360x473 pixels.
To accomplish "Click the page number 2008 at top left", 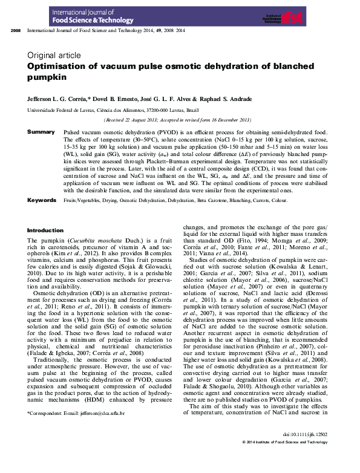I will tap(16, 30).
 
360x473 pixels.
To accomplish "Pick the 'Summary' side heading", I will tap(41, 131).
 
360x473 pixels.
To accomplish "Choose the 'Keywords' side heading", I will tap(42, 200).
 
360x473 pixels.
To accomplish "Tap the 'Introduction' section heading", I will tap(45, 230).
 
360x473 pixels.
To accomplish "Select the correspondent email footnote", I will tap(76, 413).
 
